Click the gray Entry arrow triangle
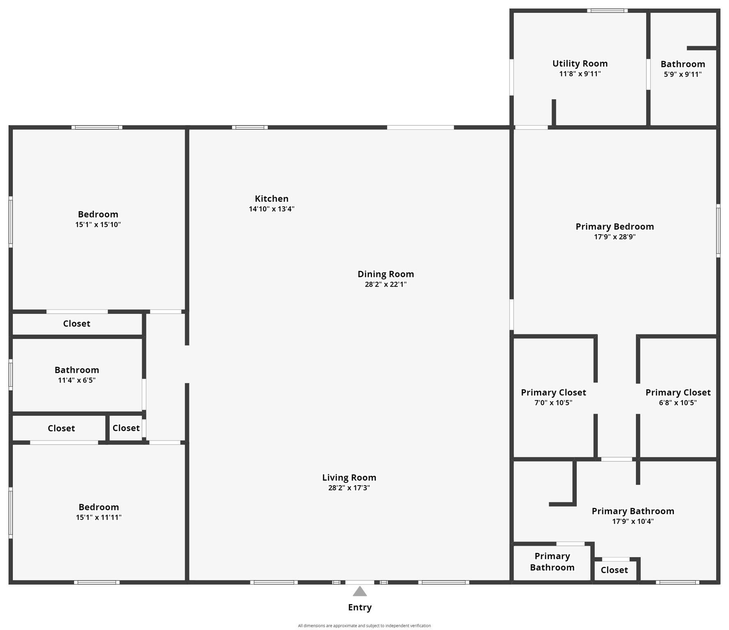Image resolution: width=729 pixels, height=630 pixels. point(360,592)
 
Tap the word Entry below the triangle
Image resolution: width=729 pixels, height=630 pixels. point(360,607)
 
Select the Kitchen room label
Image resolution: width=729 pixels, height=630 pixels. point(271,199)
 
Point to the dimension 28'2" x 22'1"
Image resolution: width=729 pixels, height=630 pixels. point(386,284)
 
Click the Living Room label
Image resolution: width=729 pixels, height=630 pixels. point(349,477)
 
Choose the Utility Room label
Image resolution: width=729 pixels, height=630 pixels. point(580,64)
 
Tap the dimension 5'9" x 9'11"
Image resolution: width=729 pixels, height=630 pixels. point(683,75)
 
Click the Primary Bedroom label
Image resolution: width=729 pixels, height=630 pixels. point(615,226)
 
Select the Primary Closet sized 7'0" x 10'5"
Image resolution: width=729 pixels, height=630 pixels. point(553,393)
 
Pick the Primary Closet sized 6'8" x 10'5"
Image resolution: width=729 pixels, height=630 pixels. point(678,393)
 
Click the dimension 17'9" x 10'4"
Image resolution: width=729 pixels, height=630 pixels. point(633,522)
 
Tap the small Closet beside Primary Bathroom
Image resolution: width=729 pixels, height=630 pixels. point(614,570)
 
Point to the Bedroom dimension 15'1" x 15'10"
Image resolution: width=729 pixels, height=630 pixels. point(98,225)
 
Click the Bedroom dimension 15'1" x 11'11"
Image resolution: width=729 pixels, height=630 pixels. point(98,518)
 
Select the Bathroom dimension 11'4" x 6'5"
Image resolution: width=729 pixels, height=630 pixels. point(77,380)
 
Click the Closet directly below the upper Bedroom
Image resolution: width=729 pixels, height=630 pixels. point(77,324)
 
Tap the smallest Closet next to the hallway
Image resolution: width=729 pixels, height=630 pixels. point(126,428)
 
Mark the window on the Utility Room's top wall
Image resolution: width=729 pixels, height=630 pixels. point(607,11)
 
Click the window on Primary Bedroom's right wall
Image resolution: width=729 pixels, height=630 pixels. point(718,231)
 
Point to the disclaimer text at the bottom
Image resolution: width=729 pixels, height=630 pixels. point(364,625)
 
